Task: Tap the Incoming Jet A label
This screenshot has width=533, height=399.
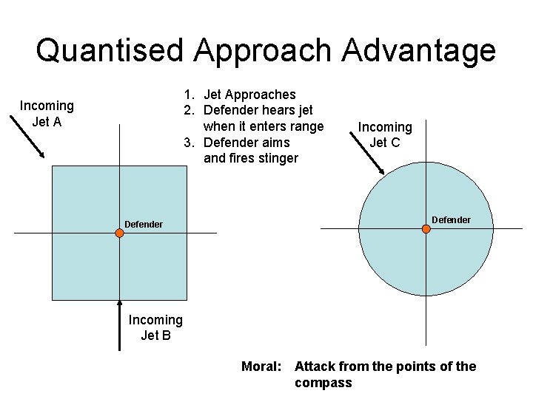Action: pos(47,114)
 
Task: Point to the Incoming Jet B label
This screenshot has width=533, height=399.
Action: pos(155,327)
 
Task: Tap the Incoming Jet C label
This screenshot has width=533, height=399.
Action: pos(385,134)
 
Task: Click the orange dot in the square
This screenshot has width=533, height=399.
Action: pos(119,233)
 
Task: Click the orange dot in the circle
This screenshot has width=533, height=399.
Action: pos(426,229)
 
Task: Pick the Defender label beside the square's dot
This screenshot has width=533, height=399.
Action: pos(144,224)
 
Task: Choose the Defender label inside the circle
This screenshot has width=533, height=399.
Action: pos(451,220)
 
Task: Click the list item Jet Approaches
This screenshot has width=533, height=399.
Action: pos(249,95)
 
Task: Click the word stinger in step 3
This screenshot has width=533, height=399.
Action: pos(274,158)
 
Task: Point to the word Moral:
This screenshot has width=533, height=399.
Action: pos(261,366)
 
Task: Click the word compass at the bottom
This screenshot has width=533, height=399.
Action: pos(324,383)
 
